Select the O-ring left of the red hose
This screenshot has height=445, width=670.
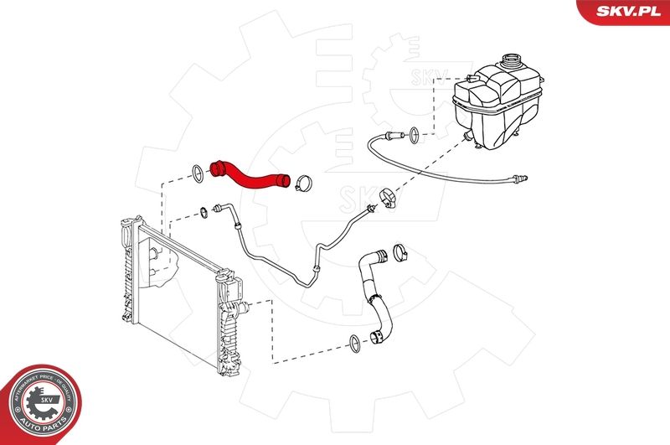(196, 173)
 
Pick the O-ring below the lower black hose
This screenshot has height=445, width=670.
(354, 342)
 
